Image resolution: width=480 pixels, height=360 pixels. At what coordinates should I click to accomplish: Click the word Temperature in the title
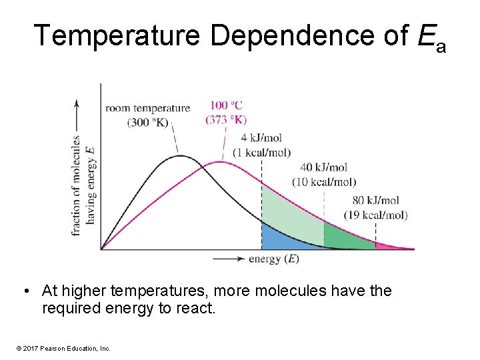(117, 35)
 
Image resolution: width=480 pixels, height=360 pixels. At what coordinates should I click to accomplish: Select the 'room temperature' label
(147, 108)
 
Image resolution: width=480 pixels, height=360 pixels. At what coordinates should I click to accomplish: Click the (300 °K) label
(147, 122)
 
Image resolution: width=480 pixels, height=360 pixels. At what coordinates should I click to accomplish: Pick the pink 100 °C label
(227, 105)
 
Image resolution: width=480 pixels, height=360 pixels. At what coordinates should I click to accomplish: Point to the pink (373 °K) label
(227, 119)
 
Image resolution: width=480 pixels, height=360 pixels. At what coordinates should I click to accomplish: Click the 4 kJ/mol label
(261, 138)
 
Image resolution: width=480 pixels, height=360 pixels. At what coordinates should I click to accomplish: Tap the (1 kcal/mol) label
(261, 152)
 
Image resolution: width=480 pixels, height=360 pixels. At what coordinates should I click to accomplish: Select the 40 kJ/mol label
(324, 167)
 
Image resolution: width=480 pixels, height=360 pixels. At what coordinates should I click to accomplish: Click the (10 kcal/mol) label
(324, 181)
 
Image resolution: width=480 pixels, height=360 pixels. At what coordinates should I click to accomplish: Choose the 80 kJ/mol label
(376, 200)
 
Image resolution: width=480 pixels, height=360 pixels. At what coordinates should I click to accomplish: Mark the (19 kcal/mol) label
(376, 215)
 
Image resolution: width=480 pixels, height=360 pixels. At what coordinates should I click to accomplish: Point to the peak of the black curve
(181, 156)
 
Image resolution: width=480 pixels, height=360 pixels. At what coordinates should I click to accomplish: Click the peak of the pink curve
(221, 162)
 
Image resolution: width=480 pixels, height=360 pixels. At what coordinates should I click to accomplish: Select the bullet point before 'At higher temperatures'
(25, 291)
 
